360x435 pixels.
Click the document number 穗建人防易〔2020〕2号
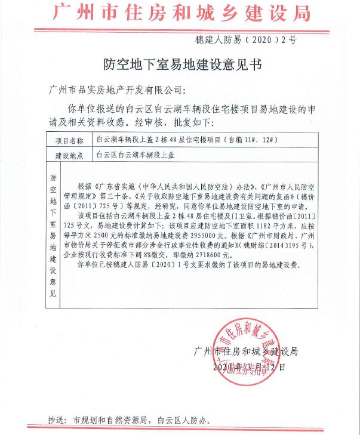tap(245, 41)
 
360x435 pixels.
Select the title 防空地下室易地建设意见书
tap(179, 63)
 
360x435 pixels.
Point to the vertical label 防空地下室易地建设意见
tap(53, 235)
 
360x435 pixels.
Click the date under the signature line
tap(245, 365)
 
